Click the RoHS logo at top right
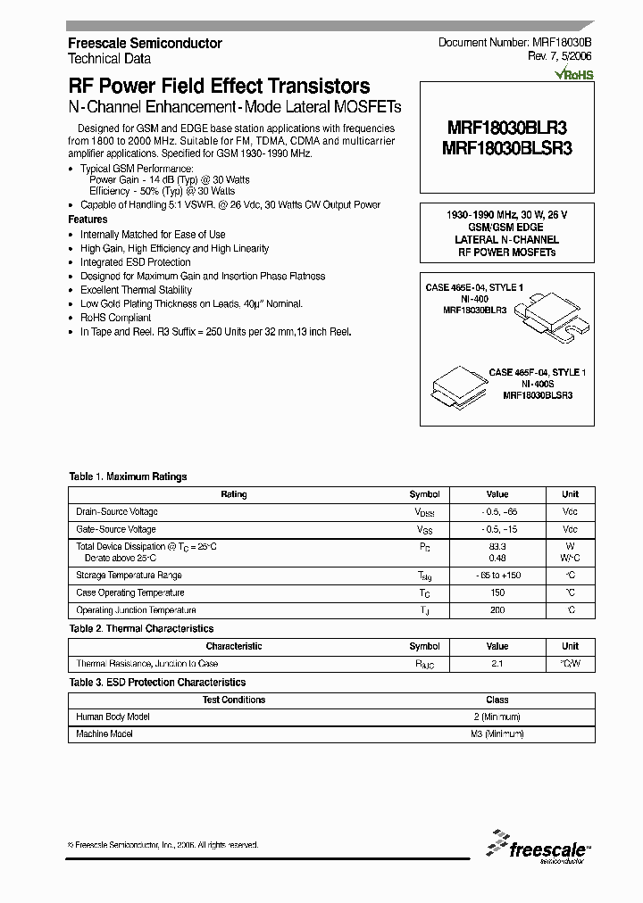[x=574, y=75]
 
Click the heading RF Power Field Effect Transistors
[x=219, y=87]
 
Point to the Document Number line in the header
[x=515, y=43]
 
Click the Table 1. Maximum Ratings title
[x=128, y=476]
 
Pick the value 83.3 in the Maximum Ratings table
[x=497, y=545]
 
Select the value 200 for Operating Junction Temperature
[x=497, y=610]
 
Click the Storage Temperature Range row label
[x=129, y=576]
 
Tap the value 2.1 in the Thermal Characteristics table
[x=497, y=664]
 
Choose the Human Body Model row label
[x=113, y=717]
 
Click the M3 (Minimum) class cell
[x=497, y=733]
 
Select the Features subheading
[x=88, y=220]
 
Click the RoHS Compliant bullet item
[x=115, y=318]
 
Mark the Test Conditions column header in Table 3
[x=234, y=700]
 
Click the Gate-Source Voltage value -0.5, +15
[x=497, y=529]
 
